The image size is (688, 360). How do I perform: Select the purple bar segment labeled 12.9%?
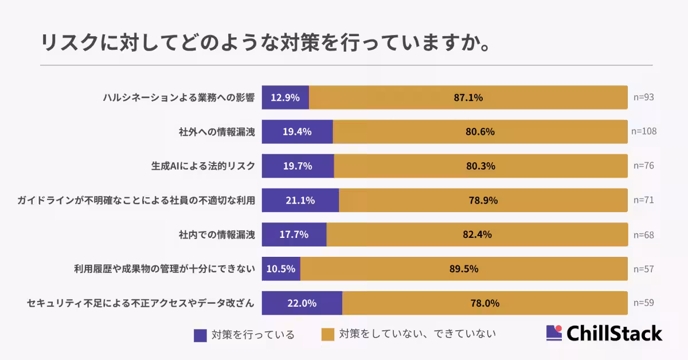(286, 97)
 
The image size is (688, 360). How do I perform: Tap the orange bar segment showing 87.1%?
(468, 97)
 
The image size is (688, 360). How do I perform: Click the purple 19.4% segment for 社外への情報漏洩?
(297, 131)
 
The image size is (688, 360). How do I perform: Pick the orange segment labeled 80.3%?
(480, 166)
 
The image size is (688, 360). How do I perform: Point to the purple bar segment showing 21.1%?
(300, 200)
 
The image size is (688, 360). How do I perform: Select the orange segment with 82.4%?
(477, 234)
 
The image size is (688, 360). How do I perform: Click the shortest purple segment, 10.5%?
(281, 269)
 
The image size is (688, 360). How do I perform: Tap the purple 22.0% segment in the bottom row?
(302, 303)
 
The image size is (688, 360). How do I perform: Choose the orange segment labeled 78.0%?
(484, 303)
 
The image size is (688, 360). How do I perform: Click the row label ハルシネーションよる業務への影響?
(179, 97)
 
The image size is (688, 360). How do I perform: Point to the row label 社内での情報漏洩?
(217, 234)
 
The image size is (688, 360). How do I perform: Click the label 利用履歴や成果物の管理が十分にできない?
(164, 269)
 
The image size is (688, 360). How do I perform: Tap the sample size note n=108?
(643, 131)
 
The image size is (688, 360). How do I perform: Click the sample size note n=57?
(643, 269)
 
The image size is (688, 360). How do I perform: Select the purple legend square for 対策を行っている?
(200, 335)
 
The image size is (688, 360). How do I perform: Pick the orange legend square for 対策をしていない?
(327, 334)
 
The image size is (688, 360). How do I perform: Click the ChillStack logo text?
(614, 334)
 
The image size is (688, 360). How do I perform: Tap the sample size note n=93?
(643, 97)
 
